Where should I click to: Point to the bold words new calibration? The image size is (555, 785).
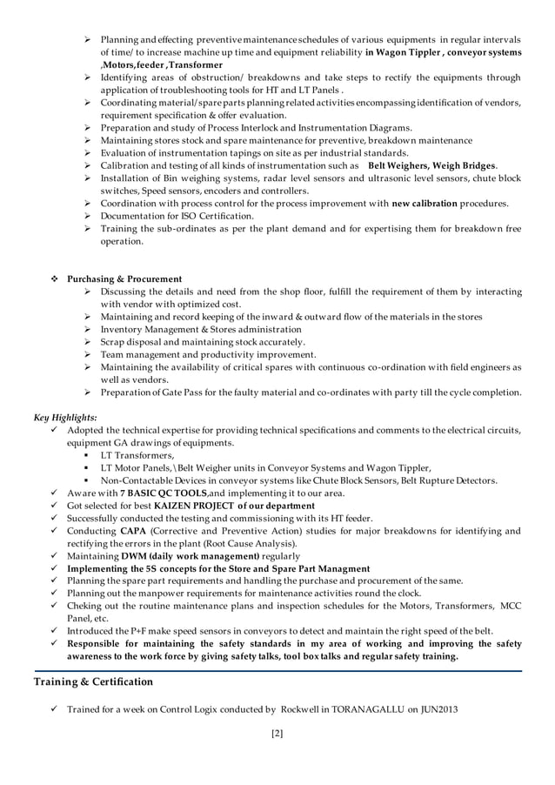[x=427, y=203]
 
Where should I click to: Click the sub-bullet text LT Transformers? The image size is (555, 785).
[x=137, y=455]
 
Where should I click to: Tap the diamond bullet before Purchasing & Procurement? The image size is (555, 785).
[x=55, y=278]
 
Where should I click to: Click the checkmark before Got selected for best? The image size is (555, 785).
[x=55, y=506]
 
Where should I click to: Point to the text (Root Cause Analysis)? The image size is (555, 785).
[x=249, y=543]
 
